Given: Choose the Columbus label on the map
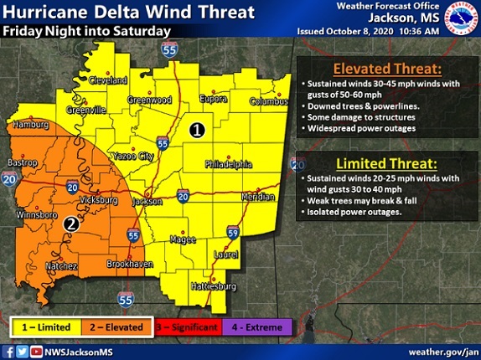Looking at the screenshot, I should tap(268, 102).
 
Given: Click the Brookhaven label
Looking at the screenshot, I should tap(127, 264).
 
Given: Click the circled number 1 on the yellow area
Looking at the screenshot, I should tap(196, 130).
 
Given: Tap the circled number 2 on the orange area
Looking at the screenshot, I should tap(72, 224).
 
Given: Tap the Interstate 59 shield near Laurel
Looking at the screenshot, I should tap(232, 232).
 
